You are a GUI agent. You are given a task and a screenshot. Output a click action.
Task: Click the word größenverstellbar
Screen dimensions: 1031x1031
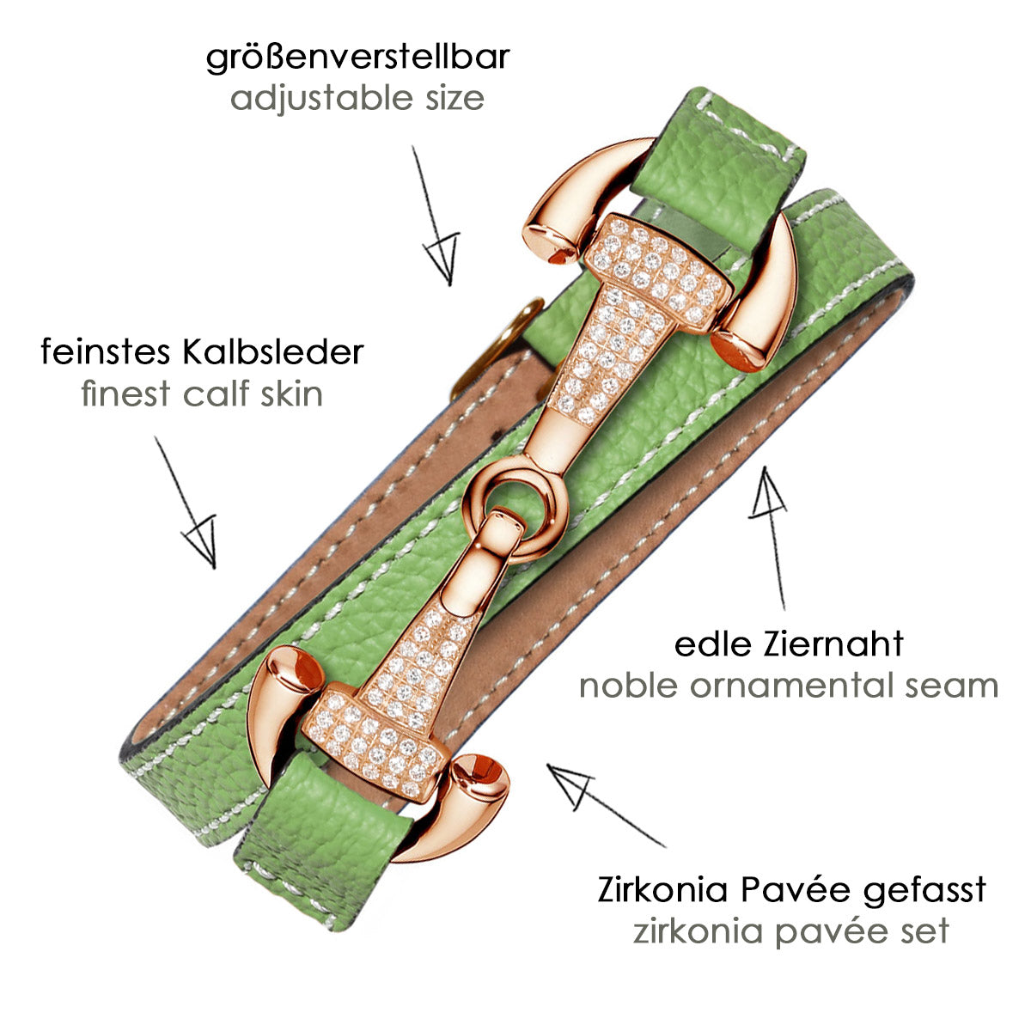(358, 58)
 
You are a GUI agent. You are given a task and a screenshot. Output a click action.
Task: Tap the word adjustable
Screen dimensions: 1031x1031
(322, 100)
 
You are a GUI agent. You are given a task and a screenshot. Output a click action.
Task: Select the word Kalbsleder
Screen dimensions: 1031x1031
(273, 352)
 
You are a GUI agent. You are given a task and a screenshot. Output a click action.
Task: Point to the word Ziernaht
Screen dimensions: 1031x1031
(833, 644)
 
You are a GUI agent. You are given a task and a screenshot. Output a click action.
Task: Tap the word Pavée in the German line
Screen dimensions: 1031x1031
(796, 890)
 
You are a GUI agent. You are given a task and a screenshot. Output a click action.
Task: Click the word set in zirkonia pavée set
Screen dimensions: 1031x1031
(924, 931)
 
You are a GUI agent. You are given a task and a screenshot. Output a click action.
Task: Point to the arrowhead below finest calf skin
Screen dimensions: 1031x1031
(203, 540)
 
